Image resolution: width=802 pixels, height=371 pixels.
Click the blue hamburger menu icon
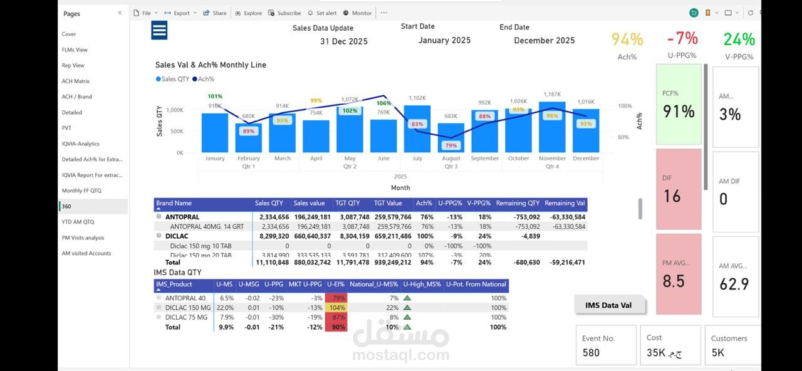159,30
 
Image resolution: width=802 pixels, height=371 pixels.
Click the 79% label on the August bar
450,145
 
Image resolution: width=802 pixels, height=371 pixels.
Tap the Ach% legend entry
204,79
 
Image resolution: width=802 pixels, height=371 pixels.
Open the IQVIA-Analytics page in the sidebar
80,144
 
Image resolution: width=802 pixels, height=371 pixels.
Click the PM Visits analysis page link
83,238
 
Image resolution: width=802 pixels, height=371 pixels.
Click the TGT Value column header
388,203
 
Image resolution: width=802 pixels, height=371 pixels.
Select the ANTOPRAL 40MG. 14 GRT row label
207,226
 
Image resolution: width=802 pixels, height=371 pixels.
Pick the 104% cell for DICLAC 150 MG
337,308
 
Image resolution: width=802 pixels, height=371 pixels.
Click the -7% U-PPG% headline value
682,38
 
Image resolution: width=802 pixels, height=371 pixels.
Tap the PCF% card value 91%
679,112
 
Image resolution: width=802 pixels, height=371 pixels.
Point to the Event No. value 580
591,352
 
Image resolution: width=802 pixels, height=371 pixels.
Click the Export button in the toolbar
181,13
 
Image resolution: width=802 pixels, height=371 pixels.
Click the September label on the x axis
484,159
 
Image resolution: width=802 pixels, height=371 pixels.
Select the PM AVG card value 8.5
674,281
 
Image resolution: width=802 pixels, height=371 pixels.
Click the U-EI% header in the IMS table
336,285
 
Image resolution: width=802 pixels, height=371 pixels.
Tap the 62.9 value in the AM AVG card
734,284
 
